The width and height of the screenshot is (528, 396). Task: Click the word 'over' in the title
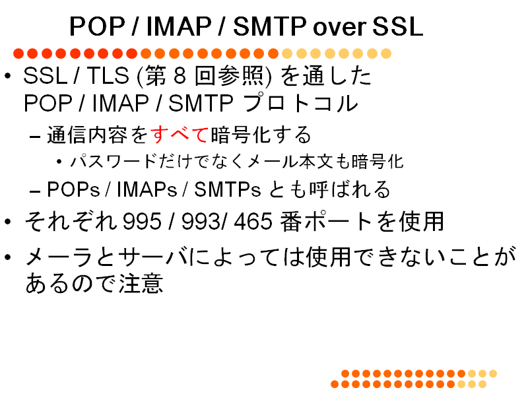point(339,27)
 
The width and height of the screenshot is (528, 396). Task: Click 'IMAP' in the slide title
point(179,26)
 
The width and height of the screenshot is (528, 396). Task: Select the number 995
point(142,222)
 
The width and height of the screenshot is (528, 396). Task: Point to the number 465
point(253,222)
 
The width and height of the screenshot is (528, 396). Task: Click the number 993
point(201,222)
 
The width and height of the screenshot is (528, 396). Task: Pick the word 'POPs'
point(73,189)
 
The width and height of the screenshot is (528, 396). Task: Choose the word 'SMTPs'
point(227,189)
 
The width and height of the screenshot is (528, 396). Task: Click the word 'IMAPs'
point(147,189)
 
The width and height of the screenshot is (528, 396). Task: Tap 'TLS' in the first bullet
point(108,75)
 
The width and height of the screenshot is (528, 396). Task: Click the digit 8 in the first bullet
point(180,75)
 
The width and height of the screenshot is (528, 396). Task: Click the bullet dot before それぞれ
point(8,222)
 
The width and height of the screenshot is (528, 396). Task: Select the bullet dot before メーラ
point(8,257)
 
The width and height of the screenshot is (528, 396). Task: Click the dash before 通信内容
point(35,137)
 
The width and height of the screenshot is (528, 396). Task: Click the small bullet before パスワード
point(59,162)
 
